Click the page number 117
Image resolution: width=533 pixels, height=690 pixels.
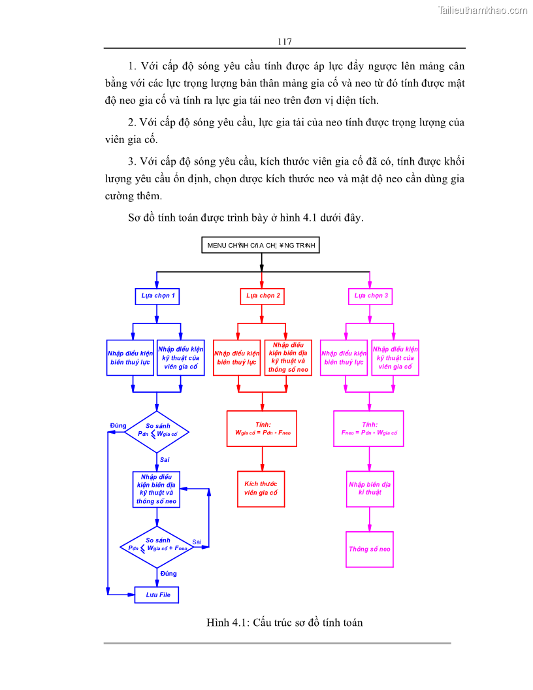(x=283, y=41)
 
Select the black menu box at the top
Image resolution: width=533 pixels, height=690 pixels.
(x=261, y=245)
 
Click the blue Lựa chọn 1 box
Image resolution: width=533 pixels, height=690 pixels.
(x=157, y=296)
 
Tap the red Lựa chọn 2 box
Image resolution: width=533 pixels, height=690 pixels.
(x=263, y=296)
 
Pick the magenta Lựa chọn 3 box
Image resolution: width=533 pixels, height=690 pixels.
(x=370, y=296)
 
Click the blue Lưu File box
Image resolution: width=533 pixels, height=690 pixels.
(x=157, y=595)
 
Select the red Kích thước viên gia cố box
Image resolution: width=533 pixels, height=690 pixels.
(x=261, y=489)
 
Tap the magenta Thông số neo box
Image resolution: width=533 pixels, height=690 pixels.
(x=370, y=549)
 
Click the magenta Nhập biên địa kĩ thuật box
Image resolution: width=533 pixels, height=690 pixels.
(x=370, y=489)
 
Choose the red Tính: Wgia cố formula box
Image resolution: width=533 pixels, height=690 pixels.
(x=261, y=429)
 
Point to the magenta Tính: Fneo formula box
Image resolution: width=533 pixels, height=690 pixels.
(x=368, y=429)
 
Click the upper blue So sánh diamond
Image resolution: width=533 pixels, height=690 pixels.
(x=157, y=431)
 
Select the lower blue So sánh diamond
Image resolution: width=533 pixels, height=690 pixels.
(x=157, y=546)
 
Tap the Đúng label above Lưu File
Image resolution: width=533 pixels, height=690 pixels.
(x=169, y=574)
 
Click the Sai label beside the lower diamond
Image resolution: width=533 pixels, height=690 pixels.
(x=197, y=542)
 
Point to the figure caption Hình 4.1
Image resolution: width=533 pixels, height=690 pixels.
(x=284, y=623)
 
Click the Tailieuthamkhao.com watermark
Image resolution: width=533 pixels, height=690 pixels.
(x=483, y=10)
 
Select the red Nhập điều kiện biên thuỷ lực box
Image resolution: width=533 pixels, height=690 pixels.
(x=236, y=357)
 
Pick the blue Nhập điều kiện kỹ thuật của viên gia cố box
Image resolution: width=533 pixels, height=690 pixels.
(x=181, y=357)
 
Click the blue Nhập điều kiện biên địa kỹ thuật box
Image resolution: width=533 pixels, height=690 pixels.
(x=157, y=489)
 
